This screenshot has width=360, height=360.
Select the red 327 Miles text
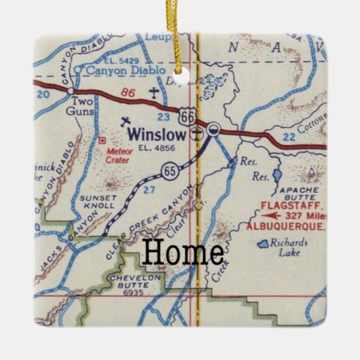307,215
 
